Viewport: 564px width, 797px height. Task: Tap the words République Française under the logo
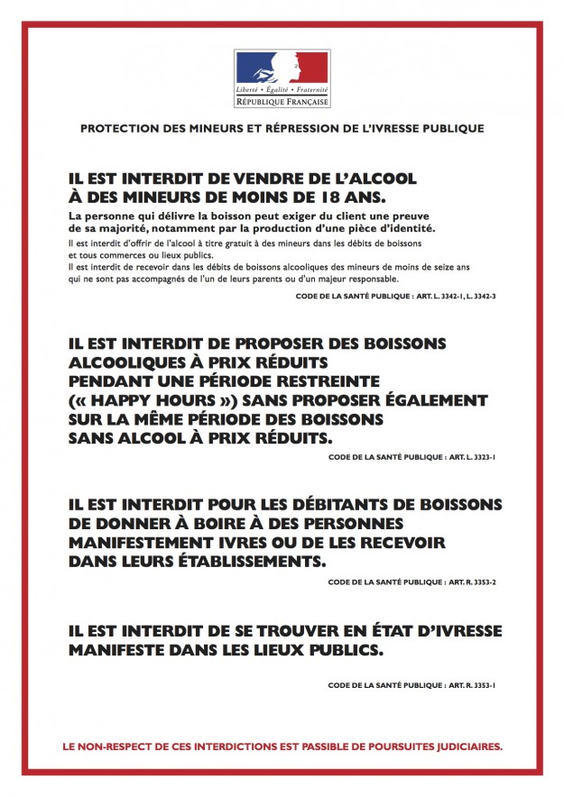(282, 102)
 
